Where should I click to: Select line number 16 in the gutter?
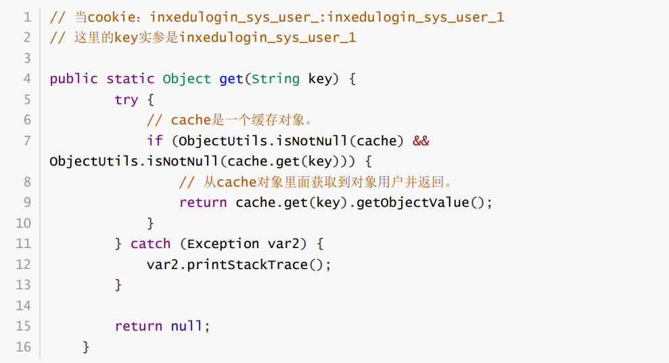(24, 347)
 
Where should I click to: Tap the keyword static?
(130, 78)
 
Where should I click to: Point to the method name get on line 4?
(231, 78)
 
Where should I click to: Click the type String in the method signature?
(275, 78)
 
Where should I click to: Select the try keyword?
(126, 99)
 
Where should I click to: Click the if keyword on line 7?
(154, 141)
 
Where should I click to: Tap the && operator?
(421, 141)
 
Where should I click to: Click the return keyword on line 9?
(203, 203)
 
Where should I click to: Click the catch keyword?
(150, 244)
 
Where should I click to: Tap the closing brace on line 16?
(86, 347)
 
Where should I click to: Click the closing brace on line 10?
(150, 223)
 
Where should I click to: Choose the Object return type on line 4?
(187, 78)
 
